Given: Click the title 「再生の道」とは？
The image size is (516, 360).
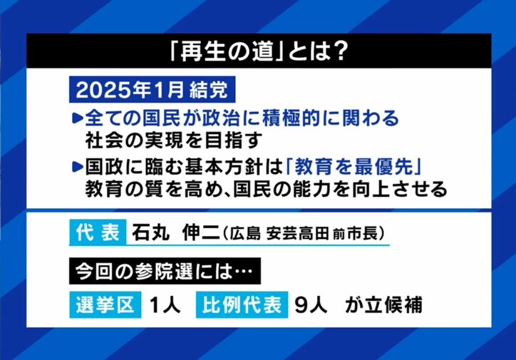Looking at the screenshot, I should [x=258, y=51].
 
